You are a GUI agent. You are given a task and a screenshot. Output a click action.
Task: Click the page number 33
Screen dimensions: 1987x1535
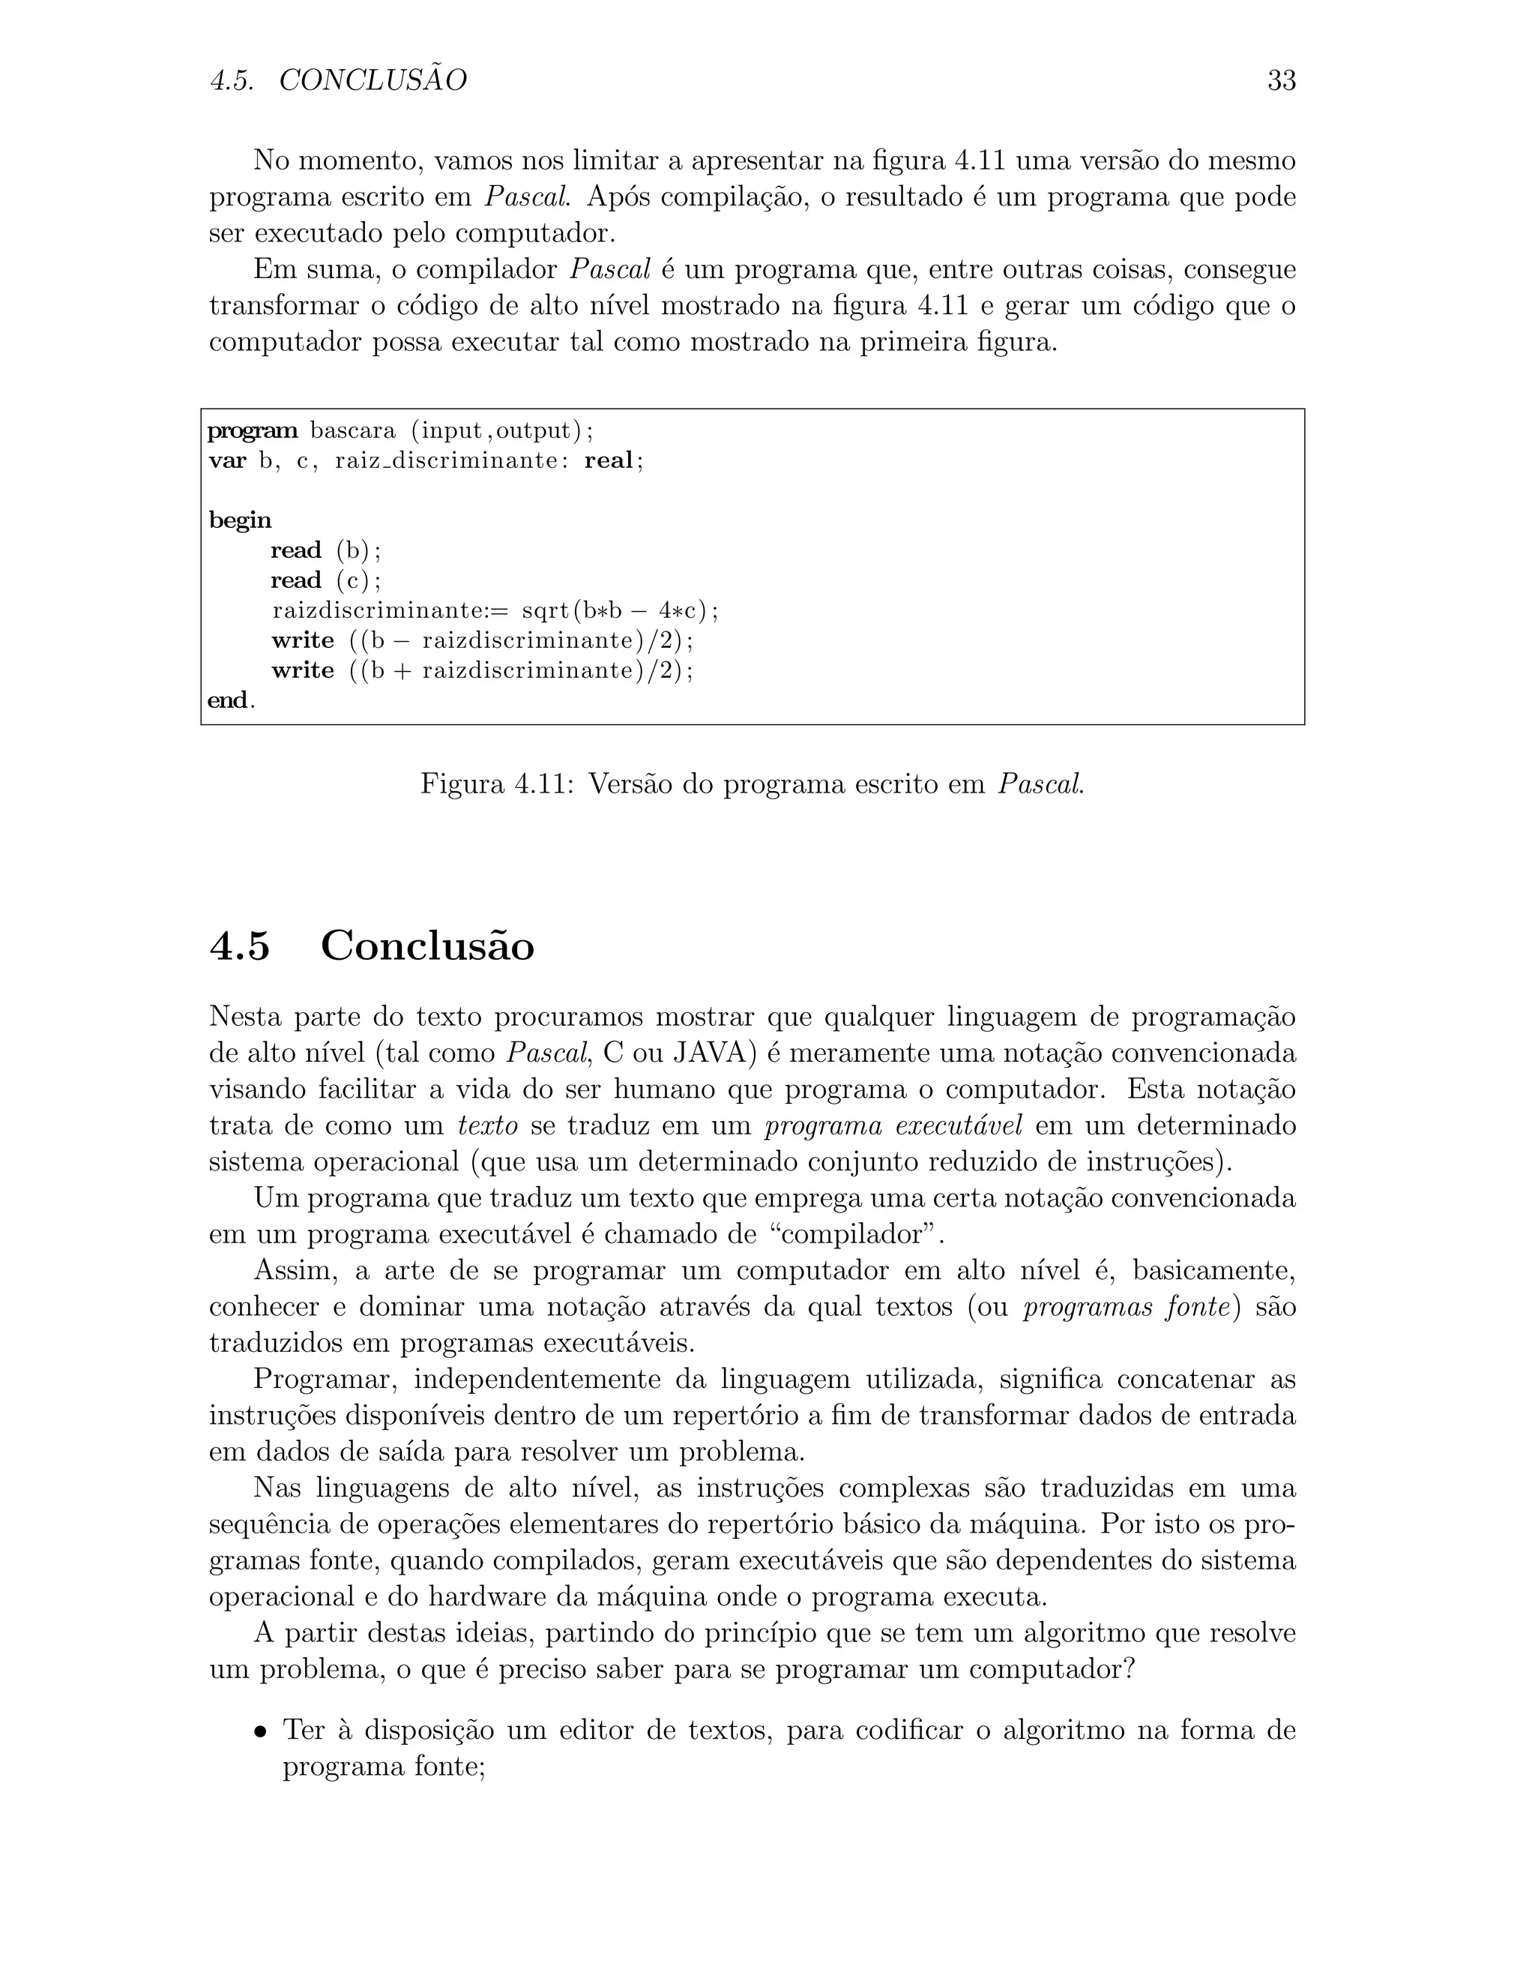click(x=1280, y=81)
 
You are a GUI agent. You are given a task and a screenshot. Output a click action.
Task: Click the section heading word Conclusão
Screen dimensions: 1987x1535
click(x=427, y=946)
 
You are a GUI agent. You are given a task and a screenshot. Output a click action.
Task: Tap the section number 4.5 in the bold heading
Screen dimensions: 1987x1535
click(x=240, y=946)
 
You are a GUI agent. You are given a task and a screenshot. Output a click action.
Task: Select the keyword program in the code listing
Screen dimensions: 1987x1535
click(x=253, y=430)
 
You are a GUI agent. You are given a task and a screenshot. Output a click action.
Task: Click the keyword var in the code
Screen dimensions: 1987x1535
click(x=227, y=460)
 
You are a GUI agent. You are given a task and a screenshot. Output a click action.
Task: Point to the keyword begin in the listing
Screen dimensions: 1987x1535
click(x=240, y=520)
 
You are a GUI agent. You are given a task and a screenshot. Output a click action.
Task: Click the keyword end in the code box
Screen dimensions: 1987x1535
click(x=229, y=700)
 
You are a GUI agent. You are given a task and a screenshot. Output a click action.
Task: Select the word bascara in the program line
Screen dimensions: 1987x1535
click(x=353, y=430)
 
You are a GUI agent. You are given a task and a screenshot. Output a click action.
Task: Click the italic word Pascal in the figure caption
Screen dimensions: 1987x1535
click(x=1040, y=784)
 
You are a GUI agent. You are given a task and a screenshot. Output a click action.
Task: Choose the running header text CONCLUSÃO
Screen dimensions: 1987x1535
click(x=373, y=81)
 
